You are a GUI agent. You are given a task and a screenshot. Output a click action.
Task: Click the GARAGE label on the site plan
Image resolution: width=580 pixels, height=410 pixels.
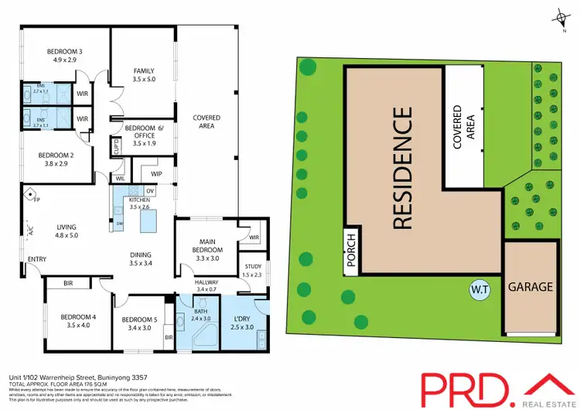point(530,287)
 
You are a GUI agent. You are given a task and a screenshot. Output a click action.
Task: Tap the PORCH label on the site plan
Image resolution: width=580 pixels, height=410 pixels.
point(350,252)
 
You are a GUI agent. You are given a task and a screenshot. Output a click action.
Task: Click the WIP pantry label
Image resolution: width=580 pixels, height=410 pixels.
point(156,174)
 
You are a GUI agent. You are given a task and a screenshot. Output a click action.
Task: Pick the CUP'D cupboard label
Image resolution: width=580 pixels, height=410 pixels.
point(116,146)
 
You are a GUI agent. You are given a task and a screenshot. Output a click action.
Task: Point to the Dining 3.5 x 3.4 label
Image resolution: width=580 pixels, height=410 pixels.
point(141,258)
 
